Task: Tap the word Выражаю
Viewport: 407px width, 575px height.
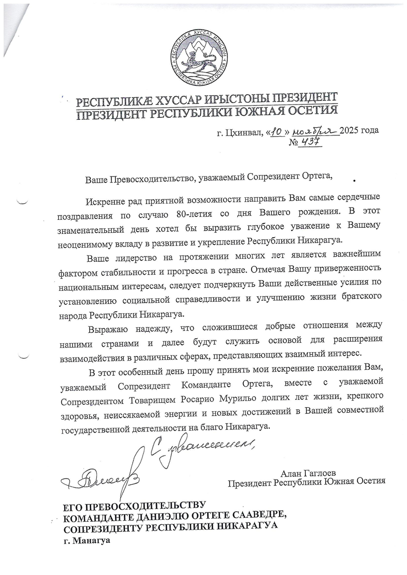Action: pyautogui.click(x=106, y=328)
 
